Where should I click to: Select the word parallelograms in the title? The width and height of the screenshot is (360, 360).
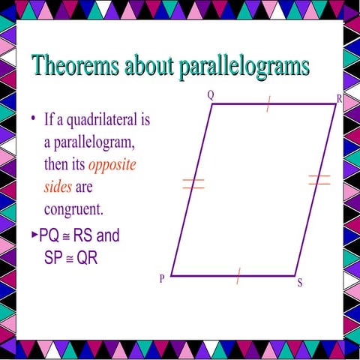244,65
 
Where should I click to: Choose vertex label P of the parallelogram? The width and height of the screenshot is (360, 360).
161,279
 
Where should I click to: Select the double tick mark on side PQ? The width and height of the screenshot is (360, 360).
193,184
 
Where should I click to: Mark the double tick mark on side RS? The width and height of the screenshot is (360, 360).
319,179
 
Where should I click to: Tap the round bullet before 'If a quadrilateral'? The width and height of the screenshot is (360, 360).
34,120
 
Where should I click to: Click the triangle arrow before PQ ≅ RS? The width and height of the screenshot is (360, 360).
34,235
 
